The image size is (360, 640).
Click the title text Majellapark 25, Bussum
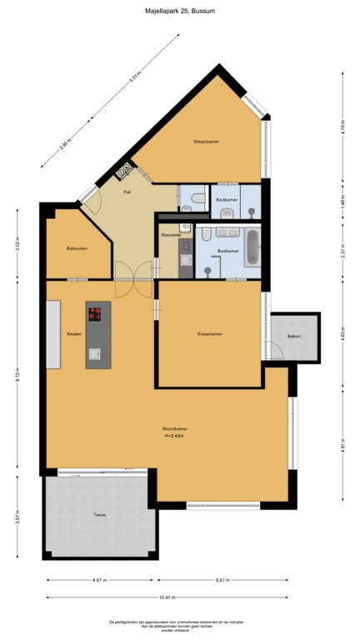tap(179, 12)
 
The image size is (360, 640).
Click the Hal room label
tap(127, 192)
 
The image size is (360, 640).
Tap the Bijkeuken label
tap(77, 249)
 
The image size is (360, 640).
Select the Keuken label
tap(73, 334)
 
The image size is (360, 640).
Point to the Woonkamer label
tap(174, 429)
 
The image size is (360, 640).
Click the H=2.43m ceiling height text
tap(174, 436)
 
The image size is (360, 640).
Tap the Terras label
tap(99, 515)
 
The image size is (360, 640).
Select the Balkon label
tap(293, 337)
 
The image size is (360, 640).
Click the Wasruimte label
tap(171, 235)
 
